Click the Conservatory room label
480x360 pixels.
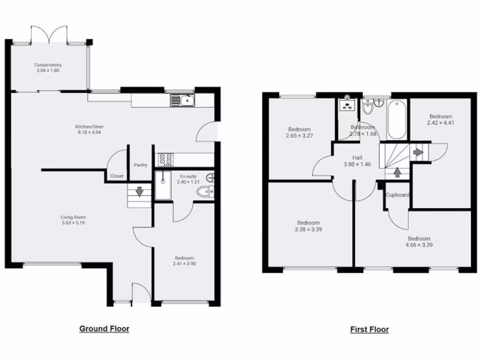48,65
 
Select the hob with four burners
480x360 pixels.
165,159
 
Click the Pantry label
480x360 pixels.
141,165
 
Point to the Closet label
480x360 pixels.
117,176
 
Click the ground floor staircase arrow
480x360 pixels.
139,191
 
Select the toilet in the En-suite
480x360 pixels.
205,191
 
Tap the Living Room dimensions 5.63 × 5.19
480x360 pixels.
73,223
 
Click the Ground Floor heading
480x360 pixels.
104,329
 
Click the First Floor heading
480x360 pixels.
369,330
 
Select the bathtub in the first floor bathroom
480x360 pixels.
396,120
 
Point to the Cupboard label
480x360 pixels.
397,195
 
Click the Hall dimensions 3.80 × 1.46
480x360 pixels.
358,165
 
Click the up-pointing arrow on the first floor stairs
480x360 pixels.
397,172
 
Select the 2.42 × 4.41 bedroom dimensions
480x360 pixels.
441,123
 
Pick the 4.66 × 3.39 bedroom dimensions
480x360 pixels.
419,245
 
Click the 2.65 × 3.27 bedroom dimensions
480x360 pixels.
299,136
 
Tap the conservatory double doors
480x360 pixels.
49,35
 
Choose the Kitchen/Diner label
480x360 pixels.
89,132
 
